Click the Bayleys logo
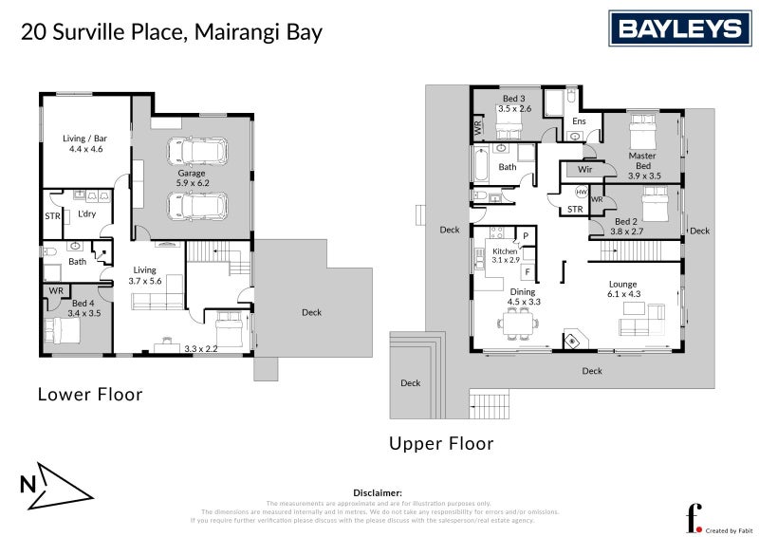680,28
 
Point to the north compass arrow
57,485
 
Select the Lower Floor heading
89,394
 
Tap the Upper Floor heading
441,443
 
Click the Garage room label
192,174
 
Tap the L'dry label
87,214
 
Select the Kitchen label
505,250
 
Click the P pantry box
526,234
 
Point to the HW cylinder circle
581,192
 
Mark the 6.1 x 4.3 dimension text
623,294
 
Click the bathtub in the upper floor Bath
481,167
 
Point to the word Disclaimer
379,493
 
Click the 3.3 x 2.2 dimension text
200,349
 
